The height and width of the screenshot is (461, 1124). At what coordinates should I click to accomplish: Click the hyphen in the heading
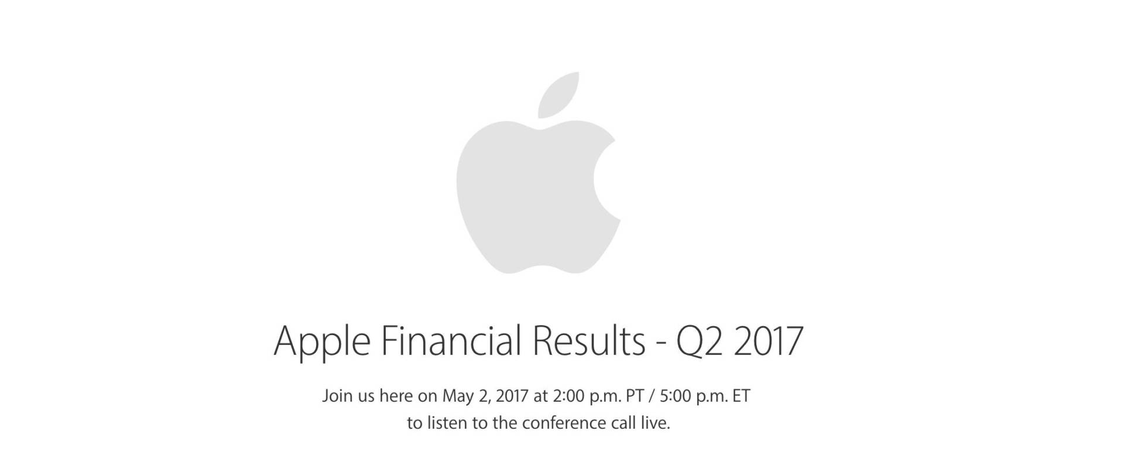(661, 345)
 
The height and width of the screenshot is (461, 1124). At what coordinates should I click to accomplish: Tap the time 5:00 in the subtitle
(676, 397)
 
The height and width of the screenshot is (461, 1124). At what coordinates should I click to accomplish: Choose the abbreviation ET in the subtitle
(742, 397)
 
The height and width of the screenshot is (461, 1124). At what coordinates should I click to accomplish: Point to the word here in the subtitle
(396, 396)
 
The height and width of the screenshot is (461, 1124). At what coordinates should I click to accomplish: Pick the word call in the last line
(622, 423)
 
